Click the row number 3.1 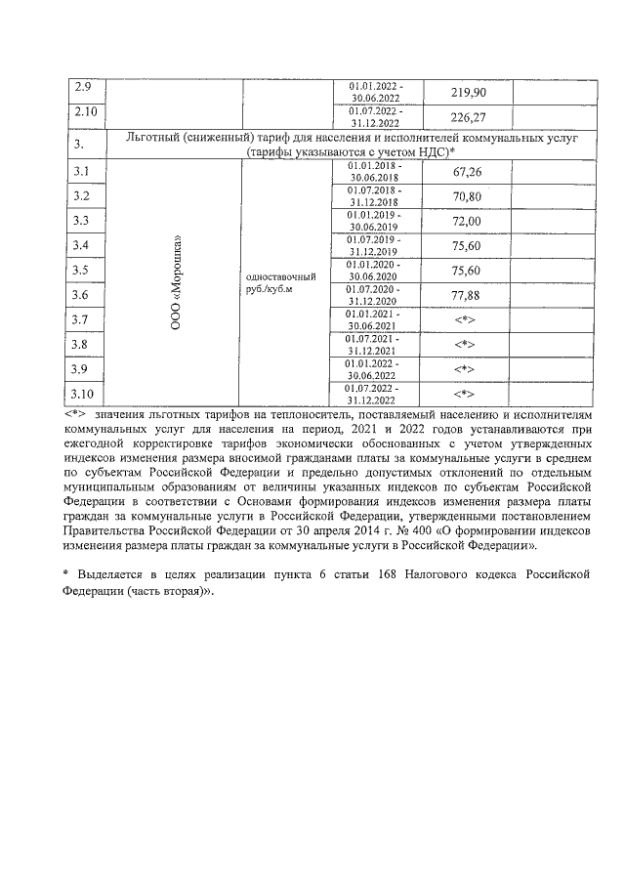pos(82,172)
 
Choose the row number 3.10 pos(85,394)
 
